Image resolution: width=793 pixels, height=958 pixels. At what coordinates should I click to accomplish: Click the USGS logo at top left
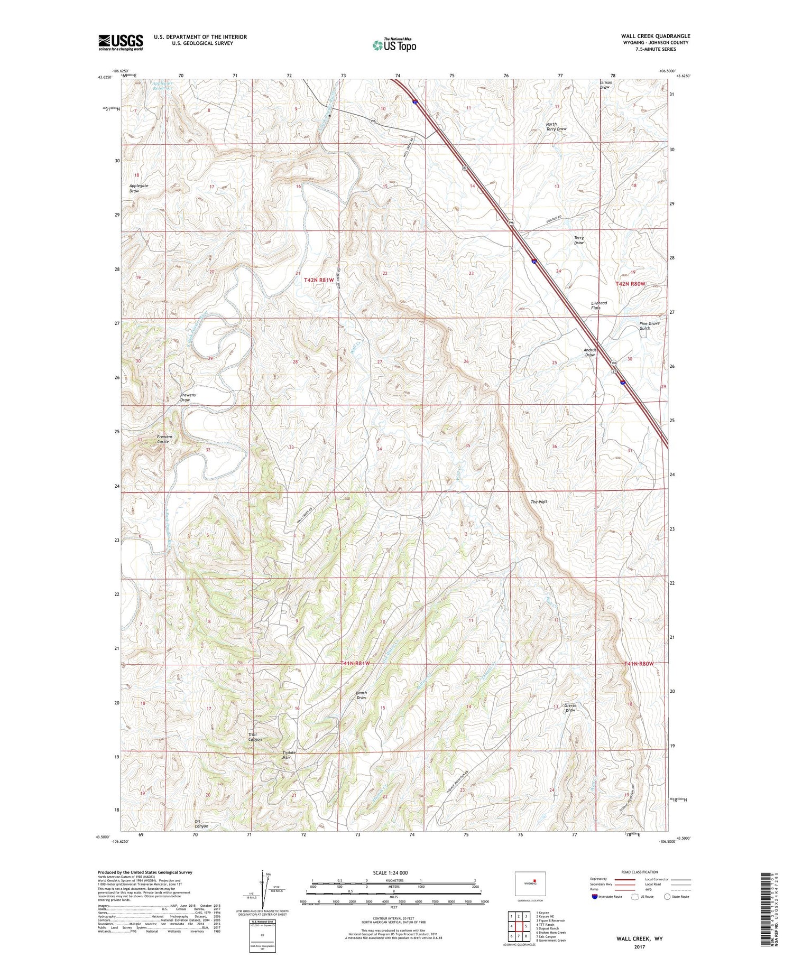coord(121,42)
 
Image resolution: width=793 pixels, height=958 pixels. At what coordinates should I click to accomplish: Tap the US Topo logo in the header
coord(394,45)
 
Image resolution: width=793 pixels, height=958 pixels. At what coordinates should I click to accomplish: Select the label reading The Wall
coord(539,501)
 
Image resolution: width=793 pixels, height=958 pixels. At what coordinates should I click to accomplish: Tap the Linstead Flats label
coord(598,305)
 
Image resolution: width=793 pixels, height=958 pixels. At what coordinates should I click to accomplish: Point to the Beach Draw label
coord(361,695)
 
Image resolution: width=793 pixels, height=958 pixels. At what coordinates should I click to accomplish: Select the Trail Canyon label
coord(255,737)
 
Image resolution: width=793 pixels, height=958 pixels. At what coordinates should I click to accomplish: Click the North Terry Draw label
coord(556,127)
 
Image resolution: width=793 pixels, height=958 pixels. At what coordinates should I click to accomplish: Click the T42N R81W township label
coord(319,280)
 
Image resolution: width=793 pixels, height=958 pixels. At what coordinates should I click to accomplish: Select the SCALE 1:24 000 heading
coord(390,872)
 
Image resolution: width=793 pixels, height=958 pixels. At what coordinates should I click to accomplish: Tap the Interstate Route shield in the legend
coord(595,897)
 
